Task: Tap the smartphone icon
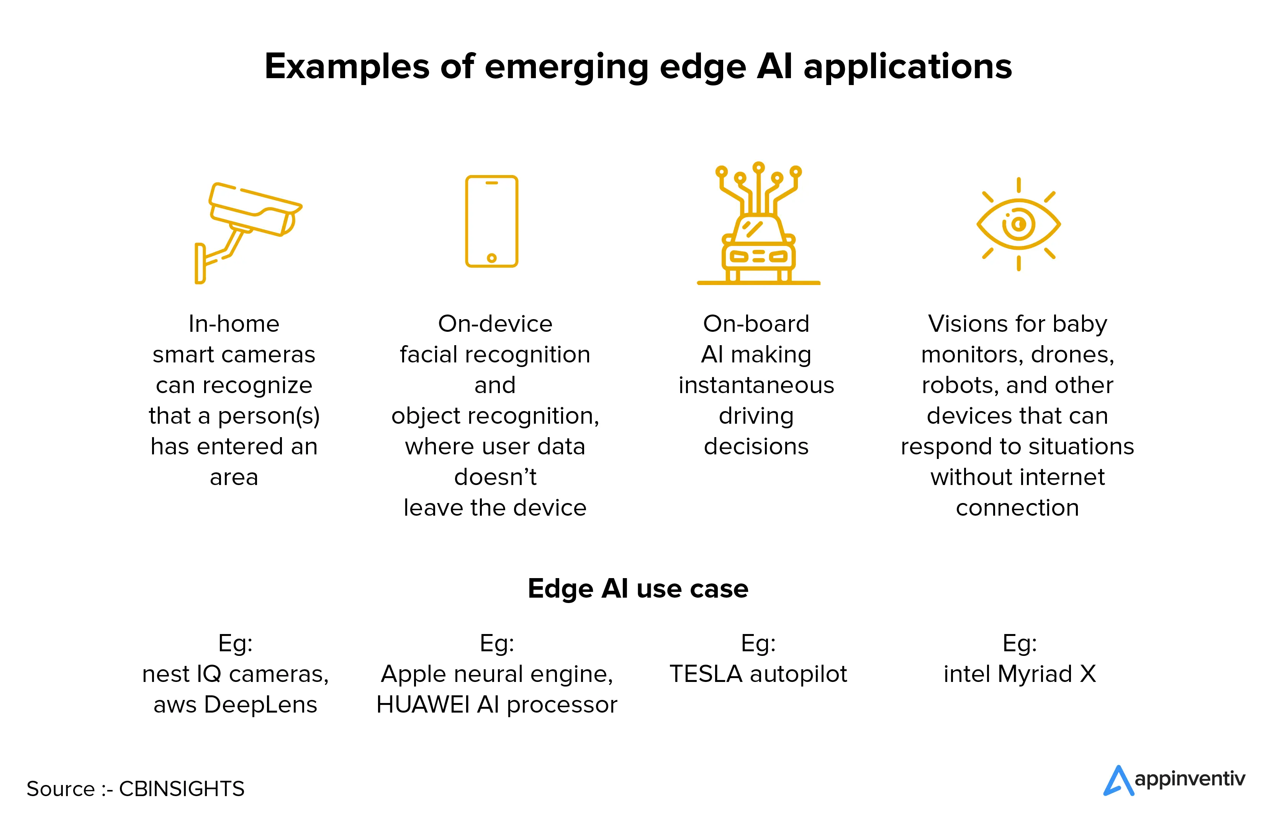(x=491, y=221)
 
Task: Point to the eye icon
(x=1018, y=224)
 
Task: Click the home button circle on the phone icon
(x=491, y=258)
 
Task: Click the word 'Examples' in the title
(x=346, y=67)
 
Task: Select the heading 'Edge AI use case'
(x=638, y=588)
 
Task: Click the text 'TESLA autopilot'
(x=758, y=674)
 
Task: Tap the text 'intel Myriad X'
(x=1019, y=674)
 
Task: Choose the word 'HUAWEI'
(x=422, y=705)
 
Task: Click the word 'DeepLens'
(x=260, y=705)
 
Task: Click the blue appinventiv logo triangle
(x=1118, y=781)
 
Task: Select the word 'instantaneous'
(x=756, y=385)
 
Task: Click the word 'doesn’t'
(x=495, y=477)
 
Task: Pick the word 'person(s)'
(x=268, y=416)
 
